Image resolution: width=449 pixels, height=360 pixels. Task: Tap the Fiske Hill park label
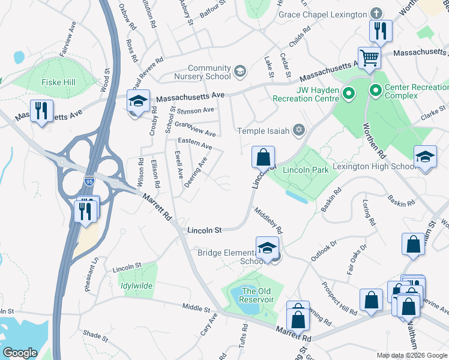click(58, 82)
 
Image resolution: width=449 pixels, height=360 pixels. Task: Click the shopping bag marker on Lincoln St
click(263, 158)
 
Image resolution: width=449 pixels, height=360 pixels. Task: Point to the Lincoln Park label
click(306, 170)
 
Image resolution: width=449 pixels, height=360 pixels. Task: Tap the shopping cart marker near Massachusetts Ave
click(370, 58)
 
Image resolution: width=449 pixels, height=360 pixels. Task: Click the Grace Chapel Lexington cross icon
click(376, 14)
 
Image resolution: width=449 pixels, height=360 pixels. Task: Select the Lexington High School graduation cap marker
click(425, 157)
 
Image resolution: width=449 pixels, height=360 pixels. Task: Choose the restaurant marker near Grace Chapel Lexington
click(381, 31)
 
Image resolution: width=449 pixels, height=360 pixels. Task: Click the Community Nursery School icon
click(240, 72)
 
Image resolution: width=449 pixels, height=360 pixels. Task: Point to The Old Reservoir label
click(257, 295)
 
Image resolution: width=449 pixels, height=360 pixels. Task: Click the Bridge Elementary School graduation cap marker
click(267, 248)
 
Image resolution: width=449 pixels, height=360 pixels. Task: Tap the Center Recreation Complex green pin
click(376, 92)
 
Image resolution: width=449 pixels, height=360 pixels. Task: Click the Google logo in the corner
click(20, 352)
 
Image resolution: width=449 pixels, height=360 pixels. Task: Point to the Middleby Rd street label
click(268, 221)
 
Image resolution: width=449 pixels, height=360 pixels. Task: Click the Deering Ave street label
click(196, 172)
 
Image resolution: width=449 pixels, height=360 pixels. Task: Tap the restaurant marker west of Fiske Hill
click(41, 111)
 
